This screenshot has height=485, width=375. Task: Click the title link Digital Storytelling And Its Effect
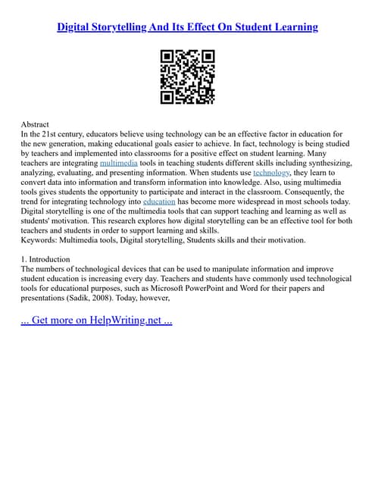187,27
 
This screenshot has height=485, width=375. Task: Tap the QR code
187,76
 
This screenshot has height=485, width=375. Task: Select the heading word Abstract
35,124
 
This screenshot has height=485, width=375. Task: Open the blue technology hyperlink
270,173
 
